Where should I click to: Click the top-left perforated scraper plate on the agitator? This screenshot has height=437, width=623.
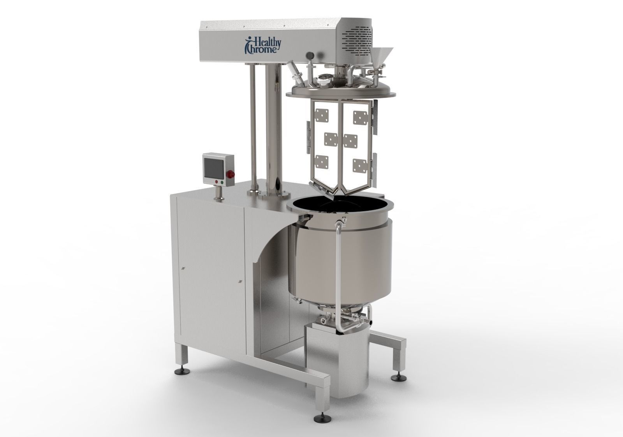[322, 115]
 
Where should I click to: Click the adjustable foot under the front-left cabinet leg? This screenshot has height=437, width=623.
[181, 370]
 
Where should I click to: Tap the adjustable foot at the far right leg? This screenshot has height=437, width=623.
[398, 377]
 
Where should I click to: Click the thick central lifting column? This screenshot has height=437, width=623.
[277, 129]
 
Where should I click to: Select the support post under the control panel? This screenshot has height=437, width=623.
[218, 193]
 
